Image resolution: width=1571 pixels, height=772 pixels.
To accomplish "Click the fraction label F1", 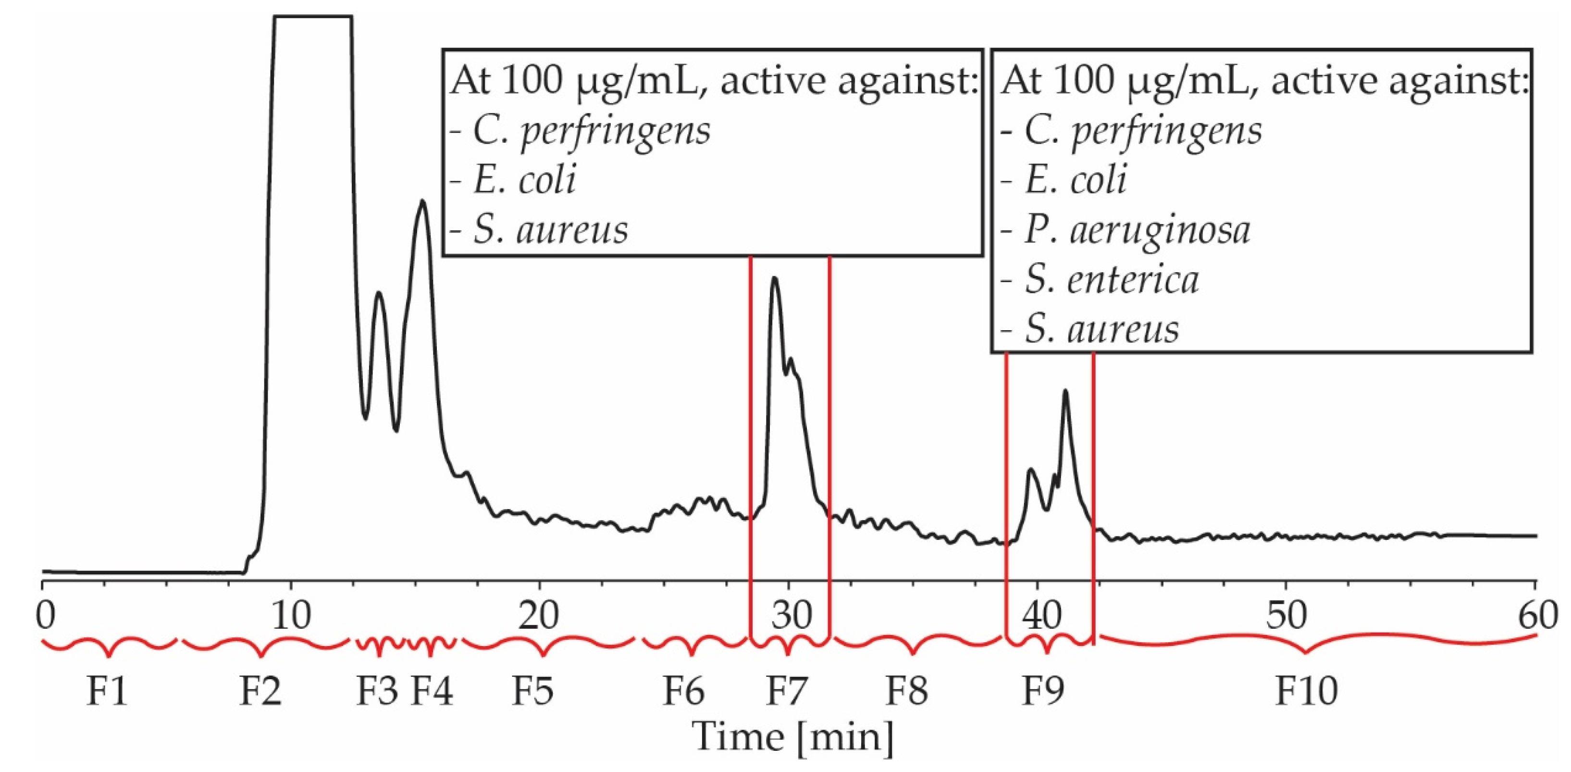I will pos(107,691).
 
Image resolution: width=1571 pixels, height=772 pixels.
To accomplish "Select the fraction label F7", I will pos(786,691).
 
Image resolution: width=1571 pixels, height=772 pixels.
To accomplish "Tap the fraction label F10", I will pos(1306,691).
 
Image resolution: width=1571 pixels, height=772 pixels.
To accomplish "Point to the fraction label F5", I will pos(532,691).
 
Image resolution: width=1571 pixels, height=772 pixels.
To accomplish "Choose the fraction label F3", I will pos(377,691).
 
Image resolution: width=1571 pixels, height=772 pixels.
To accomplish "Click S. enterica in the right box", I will pos(1112,280).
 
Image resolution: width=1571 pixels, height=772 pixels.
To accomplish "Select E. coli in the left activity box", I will pos(524,180).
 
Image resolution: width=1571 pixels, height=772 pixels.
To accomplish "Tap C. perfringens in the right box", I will pos(1143,130).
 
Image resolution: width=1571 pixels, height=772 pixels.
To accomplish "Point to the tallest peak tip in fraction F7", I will pos(775,279).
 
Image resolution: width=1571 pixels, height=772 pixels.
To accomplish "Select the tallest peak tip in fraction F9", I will pos(1065,391).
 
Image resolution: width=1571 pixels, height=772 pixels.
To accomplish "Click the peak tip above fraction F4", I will pos(422,201).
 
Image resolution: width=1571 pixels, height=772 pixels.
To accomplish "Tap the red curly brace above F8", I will pos(914,647).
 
